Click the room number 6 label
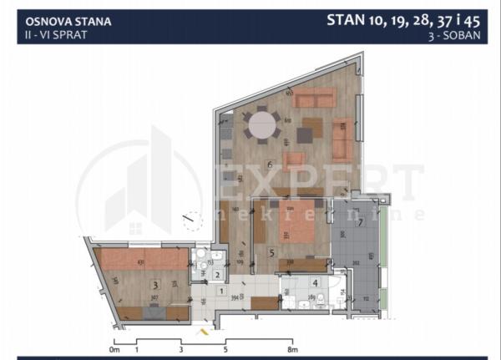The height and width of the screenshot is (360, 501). click(x=269, y=165)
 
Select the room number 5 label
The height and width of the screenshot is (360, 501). click(x=272, y=250)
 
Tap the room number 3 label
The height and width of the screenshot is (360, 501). click(x=154, y=285)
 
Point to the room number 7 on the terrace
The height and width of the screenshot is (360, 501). click(x=360, y=222)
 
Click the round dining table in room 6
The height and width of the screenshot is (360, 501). click(x=264, y=126)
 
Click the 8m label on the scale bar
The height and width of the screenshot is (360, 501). click(x=291, y=351)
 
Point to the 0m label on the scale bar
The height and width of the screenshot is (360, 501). click(x=114, y=351)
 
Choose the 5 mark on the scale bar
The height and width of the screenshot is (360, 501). click(x=225, y=351)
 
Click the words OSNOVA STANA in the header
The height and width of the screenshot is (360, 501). click(x=56, y=22)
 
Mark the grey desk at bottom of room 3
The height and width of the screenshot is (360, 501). click(x=154, y=313)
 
